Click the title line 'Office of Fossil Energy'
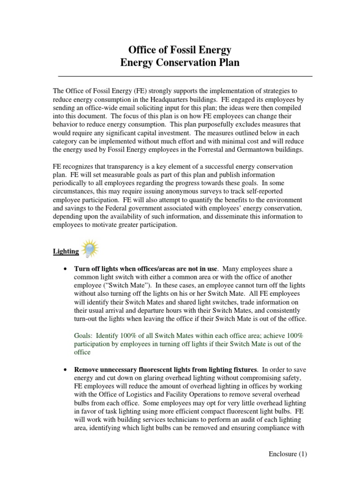click(180, 50)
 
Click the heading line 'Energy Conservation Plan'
click(180, 63)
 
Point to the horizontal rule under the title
click(185, 75)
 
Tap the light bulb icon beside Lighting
click(90, 248)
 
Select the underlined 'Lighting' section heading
click(65, 252)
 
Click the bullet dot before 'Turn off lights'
click(65, 269)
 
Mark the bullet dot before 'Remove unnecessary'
click(65, 370)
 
